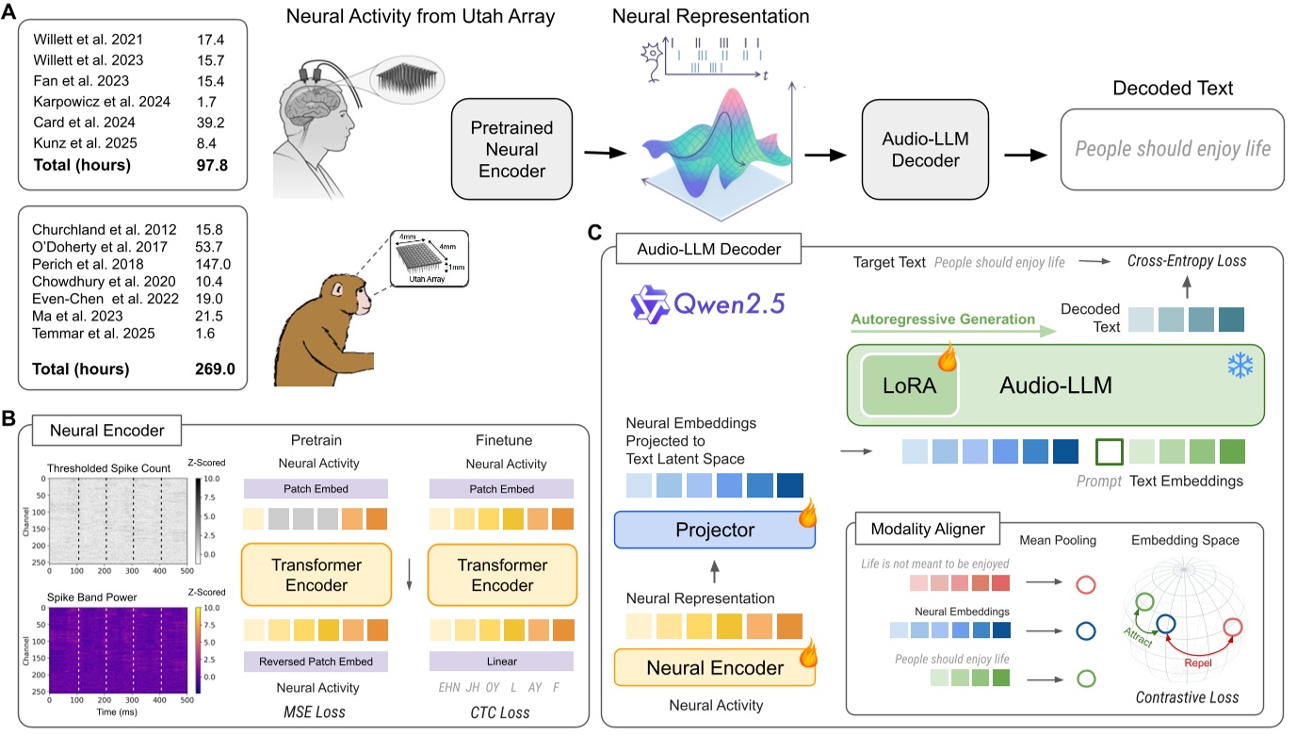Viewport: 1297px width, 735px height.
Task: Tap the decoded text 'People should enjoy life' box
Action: (x=1173, y=148)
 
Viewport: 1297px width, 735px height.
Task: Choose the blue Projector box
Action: (x=714, y=530)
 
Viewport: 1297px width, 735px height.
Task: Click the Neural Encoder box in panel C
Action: (x=714, y=667)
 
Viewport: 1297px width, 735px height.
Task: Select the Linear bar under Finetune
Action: (x=501, y=661)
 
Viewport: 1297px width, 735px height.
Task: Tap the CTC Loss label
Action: (x=501, y=712)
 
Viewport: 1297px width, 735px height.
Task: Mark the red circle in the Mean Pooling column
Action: (x=1086, y=584)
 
